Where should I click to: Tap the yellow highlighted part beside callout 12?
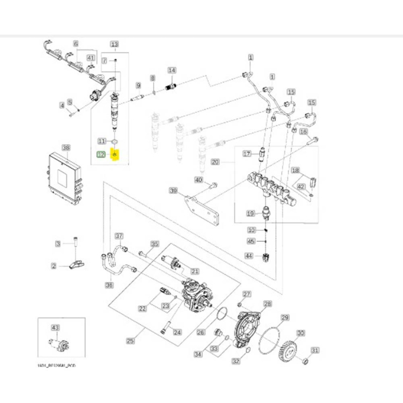click(115, 154)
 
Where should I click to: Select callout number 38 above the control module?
click(66, 147)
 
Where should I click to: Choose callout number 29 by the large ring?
click(284, 317)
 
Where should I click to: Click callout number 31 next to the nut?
click(315, 351)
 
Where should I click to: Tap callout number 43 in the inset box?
click(56, 327)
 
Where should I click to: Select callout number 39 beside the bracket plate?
click(173, 191)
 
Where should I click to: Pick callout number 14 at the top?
click(172, 70)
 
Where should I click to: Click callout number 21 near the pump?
click(195, 271)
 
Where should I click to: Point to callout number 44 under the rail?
click(249, 255)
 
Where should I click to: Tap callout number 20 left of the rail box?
click(215, 162)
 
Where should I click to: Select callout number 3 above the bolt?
click(58, 244)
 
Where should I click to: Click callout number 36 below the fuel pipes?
click(109, 284)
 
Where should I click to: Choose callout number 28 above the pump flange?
click(267, 303)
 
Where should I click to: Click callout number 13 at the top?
click(114, 44)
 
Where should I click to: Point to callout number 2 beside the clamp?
click(54, 266)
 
